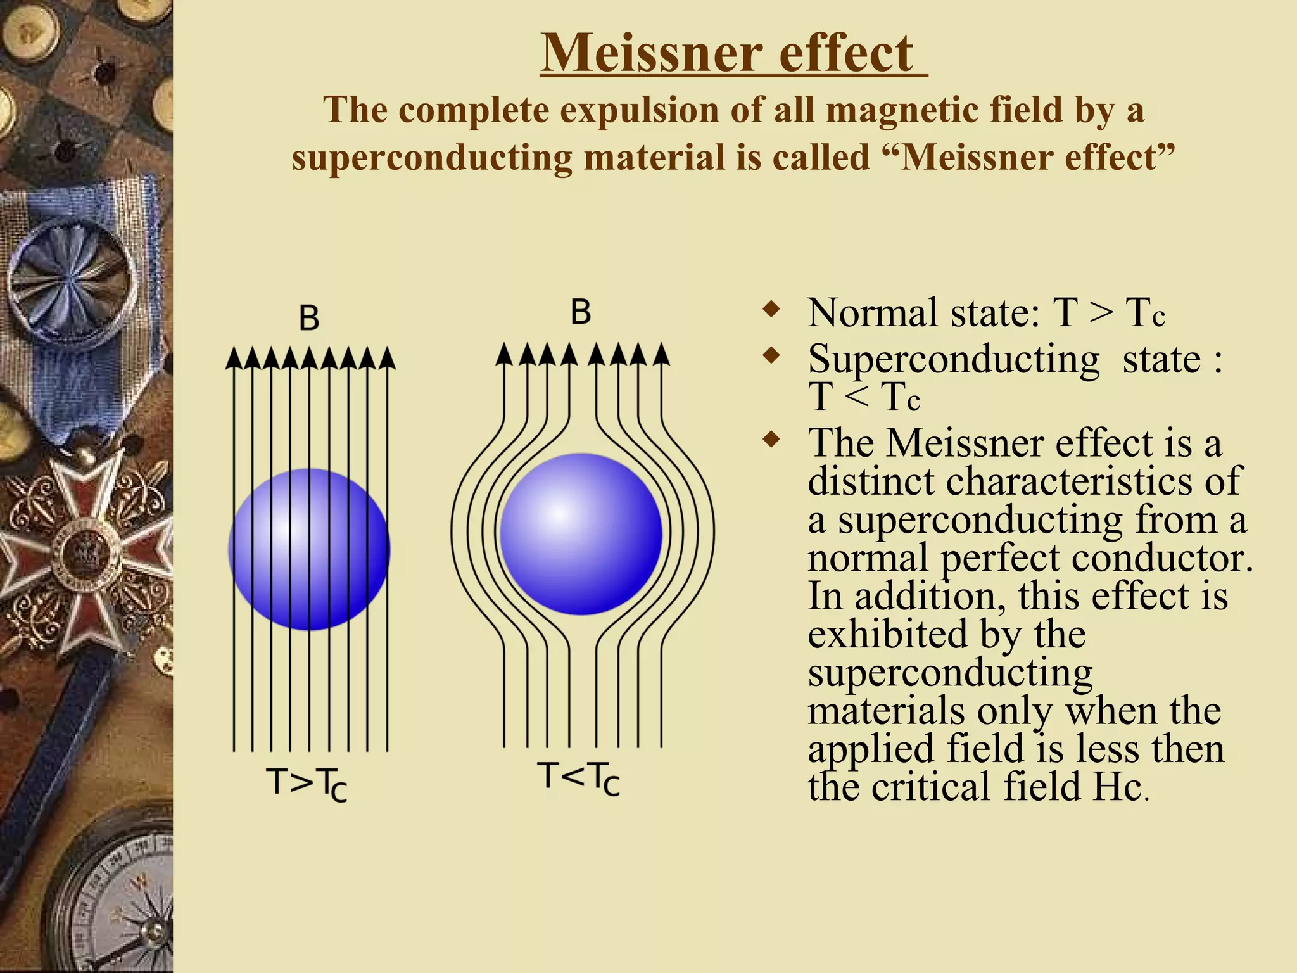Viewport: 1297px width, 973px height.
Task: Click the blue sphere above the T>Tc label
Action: pyautogui.click(x=309, y=549)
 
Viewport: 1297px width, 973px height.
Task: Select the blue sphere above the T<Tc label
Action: pyautogui.click(x=581, y=534)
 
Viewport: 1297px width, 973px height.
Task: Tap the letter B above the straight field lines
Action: pyautogui.click(x=309, y=318)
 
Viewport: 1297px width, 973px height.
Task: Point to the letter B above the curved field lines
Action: pyautogui.click(x=581, y=312)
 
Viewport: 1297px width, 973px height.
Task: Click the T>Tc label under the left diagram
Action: pyautogui.click(x=307, y=784)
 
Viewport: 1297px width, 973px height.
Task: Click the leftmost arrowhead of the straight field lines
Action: pyautogui.click(x=234, y=359)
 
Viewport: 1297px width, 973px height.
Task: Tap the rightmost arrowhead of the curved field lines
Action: pyautogui.click(x=661, y=354)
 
